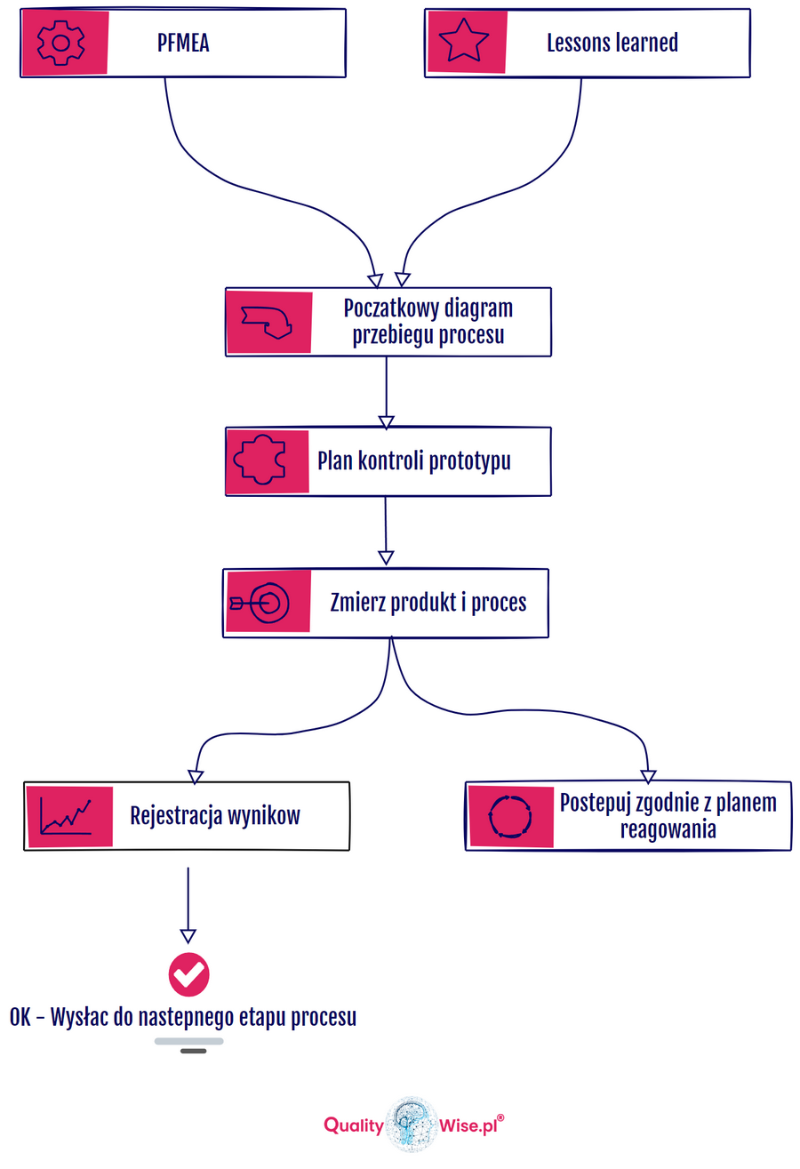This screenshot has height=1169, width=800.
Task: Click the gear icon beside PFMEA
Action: [60, 41]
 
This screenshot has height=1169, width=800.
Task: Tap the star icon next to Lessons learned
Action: [464, 41]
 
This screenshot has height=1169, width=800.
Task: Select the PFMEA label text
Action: [183, 43]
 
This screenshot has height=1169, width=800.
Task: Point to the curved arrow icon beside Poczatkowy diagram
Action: [268, 322]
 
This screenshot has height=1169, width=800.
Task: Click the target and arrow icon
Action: [260, 603]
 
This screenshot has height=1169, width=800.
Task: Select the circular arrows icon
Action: [510, 815]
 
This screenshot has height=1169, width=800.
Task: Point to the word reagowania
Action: [668, 829]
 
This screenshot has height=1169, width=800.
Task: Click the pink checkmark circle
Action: [189, 974]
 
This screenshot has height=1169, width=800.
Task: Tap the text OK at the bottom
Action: [21, 1018]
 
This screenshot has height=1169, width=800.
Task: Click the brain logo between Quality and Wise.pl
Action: [411, 1125]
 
